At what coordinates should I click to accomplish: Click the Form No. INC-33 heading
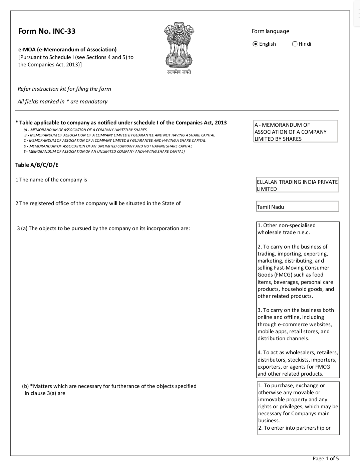point(47,31)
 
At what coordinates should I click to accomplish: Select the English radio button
point(255,44)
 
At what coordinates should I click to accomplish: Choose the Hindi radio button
point(295,44)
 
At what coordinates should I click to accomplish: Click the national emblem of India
point(179,45)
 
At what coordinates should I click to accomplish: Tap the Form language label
point(270,31)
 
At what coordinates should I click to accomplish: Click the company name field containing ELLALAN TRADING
point(297,185)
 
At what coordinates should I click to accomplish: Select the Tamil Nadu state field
point(297,206)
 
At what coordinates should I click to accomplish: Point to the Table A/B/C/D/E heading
point(37,165)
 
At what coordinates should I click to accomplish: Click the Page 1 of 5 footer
point(325,458)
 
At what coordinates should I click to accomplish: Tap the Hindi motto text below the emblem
point(179,72)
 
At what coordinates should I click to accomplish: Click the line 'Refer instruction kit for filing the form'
point(64,89)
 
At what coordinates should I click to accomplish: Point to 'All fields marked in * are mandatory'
point(62,102)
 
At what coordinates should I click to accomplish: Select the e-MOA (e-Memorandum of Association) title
point(67,50)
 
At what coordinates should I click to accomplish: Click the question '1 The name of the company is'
point(51,180)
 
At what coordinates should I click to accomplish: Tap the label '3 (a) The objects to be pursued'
point(103,228)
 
